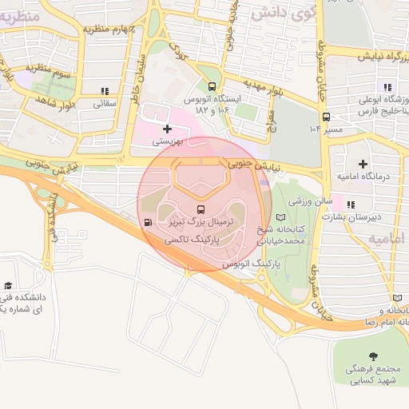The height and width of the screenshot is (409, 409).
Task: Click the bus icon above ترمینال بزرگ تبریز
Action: click(x=200, y=210)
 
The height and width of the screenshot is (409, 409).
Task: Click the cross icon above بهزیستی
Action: click(x=167, y=129)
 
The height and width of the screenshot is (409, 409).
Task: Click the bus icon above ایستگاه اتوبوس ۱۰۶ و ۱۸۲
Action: click(x=212, y=87)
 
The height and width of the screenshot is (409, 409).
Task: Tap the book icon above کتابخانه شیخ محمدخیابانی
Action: click(x=279, y=216)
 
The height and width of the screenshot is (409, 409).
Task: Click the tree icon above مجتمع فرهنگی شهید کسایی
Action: click(x=372, y=355)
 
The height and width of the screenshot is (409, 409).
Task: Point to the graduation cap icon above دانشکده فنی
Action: click(x=8, y=284)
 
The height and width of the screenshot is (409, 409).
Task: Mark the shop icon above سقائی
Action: click(x=105, y=90)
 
